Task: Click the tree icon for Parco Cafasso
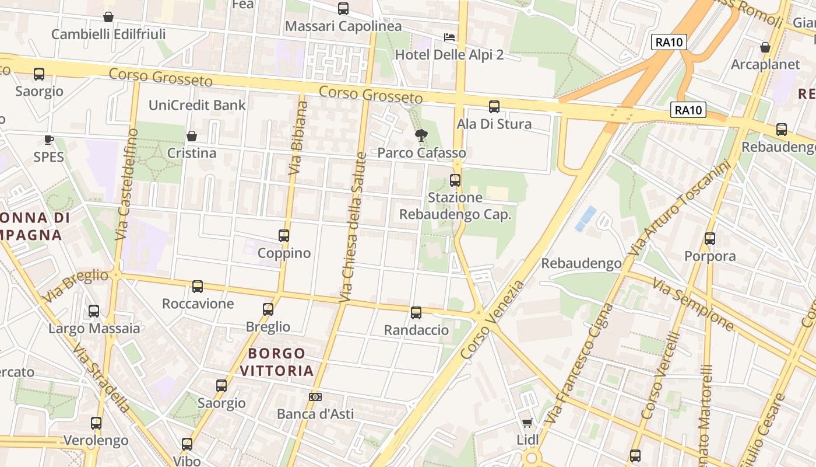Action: (420, 136)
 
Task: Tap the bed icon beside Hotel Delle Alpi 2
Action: (449, 37)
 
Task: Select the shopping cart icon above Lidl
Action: (527, 423)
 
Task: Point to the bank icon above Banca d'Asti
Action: (315, 397)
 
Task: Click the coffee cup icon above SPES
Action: (49, 140)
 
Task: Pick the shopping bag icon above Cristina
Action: (191, 136)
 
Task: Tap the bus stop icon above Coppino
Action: (284, 236)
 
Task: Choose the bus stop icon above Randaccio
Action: (416, 313)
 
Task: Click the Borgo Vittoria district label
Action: (277, 362)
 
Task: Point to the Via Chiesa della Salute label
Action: (353, 228)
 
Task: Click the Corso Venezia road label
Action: (493, 320)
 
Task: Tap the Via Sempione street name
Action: (693, 304)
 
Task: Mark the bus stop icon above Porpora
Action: (710, 239)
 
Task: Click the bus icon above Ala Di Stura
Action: (494, 107)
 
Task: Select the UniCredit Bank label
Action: (197, 105)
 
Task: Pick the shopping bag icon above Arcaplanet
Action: (765, 47)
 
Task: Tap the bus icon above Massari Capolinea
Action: (343, 9)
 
